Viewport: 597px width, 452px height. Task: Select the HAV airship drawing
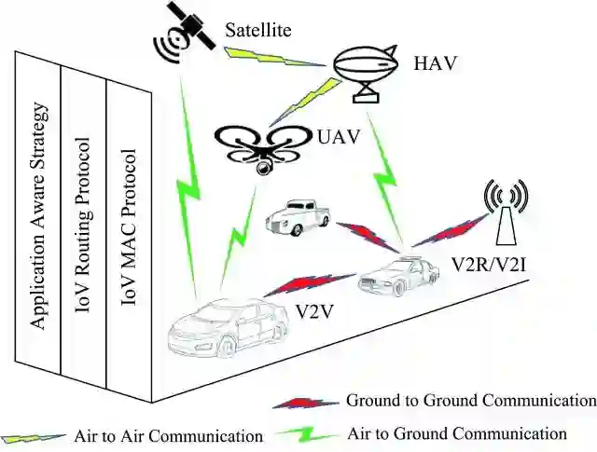368,70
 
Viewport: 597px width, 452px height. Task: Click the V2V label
315,308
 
